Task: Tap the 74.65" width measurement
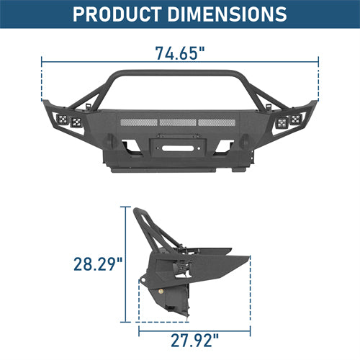(x=179, y=53)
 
